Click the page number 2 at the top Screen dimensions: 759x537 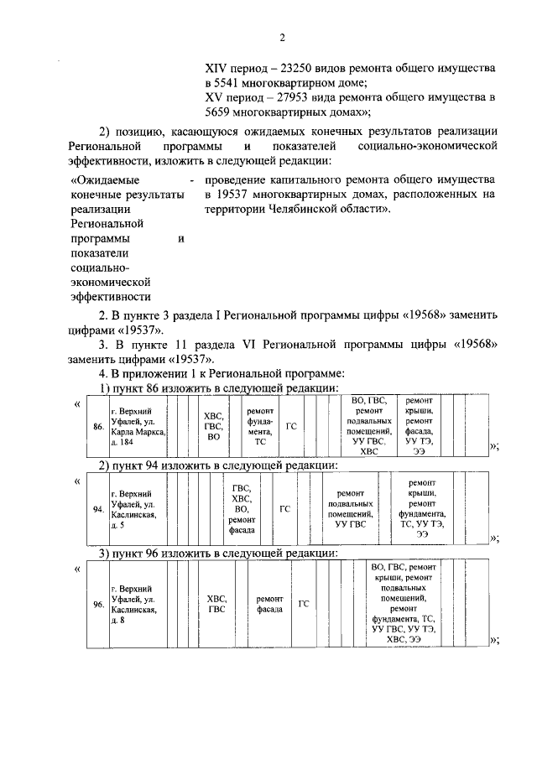pyautogui.click(x=282, y=38)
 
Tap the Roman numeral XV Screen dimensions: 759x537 pyautogui.click(x=215, y=97)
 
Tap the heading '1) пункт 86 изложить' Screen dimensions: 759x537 pyautogui.click(x=220, y=389)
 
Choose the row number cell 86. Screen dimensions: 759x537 pyautogui.click(x=98, y=426)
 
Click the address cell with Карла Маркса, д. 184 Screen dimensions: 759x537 pyautogui.click(x=138, y=426)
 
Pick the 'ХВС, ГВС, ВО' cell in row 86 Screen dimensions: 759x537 pyautogui.click(x=213, y=426)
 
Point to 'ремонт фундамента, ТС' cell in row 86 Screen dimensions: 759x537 pyautogui.click(x=260, y=426)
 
